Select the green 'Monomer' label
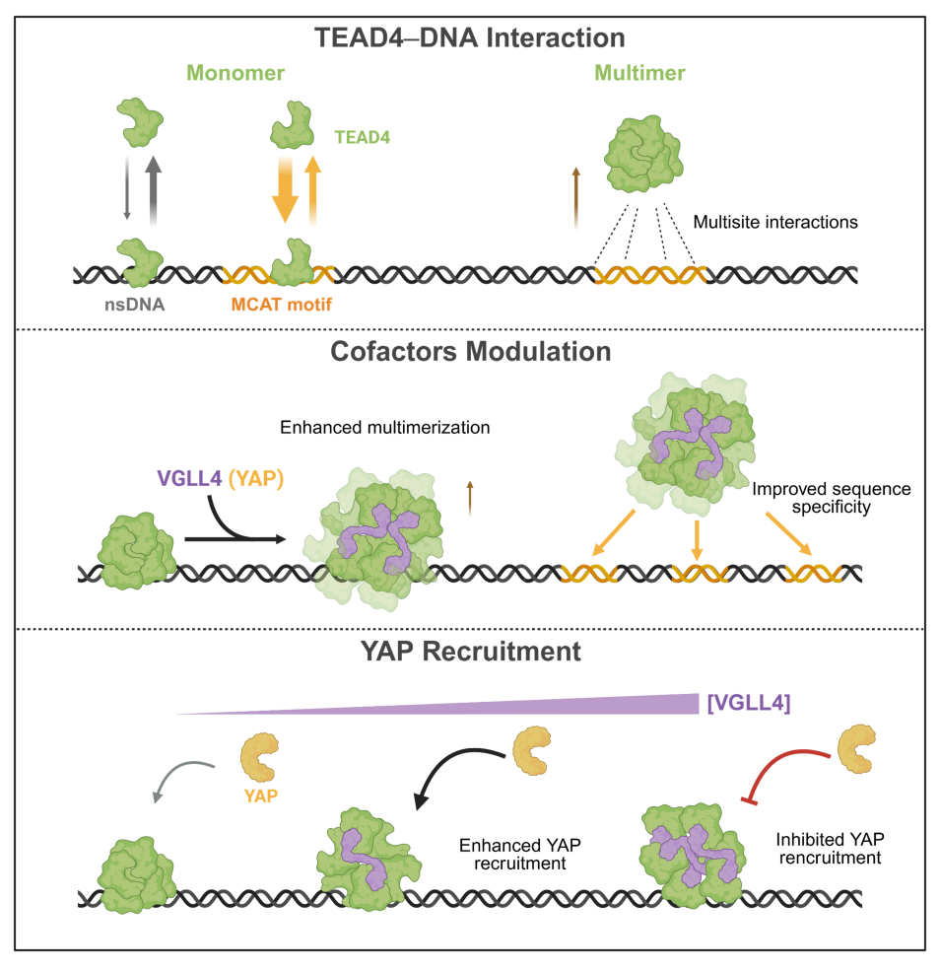[x=225, y=74]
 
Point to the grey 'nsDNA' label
[x=136, y=306]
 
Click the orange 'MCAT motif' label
[x=281, y=306]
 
